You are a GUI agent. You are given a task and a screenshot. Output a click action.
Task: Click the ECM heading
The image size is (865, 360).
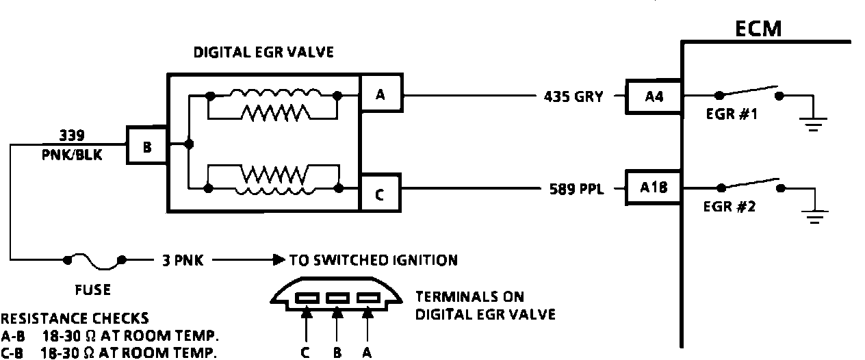pyautogui.click(x=758, y=28)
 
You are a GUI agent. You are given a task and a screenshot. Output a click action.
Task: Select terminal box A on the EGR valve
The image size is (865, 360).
pyautogui.click(x=380, y=96)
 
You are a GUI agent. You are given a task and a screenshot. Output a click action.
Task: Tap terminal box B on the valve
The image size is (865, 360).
pyautogui.click(x=146, y=146)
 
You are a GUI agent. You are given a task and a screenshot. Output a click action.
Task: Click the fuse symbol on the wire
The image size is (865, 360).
pyautogui.click(x=95, y=260)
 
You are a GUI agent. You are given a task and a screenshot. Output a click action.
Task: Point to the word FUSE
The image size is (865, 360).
pyautogui.click(x=92, y=290)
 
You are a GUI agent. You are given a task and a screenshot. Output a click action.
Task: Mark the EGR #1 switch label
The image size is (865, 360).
pyautogui.click(x=731, y=115)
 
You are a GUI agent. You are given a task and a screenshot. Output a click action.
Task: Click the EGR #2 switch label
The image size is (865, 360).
pyautogui.click(x=730, y=207)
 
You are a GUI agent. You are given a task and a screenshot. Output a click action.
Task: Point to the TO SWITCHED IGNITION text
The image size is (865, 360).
pyautogui.click(x=373, y=260)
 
